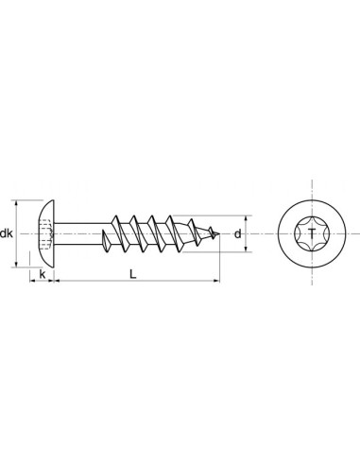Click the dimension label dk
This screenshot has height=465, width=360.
tap(8, 233)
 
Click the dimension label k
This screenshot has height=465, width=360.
tap(42, 275)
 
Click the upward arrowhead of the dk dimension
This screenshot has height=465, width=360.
tap(19, 203)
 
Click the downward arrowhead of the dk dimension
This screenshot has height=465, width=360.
tap(19, 264)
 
